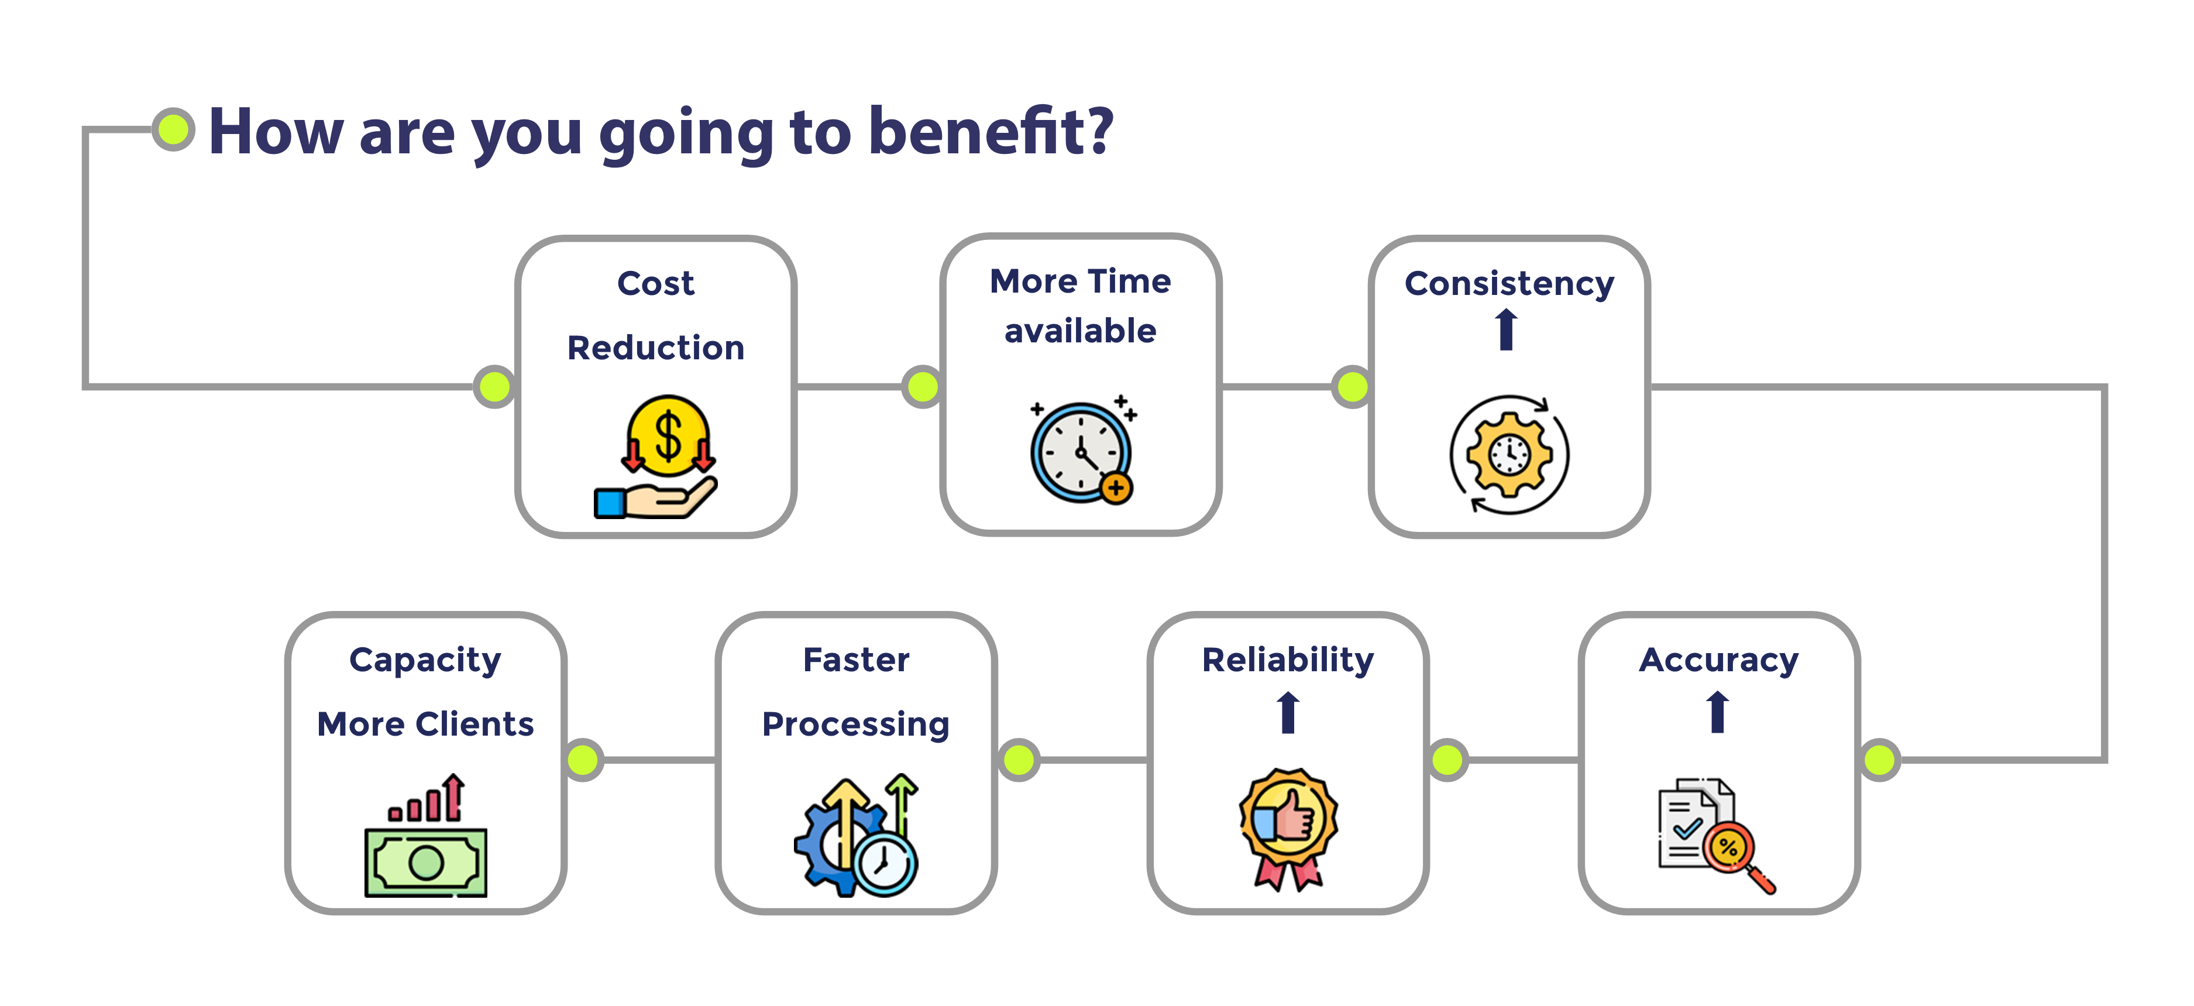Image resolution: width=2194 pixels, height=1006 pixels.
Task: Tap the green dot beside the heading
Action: (x=174, y=129)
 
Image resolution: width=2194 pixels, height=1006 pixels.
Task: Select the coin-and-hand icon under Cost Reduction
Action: (x=656, y=456)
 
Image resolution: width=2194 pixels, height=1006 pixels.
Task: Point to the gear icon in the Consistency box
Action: (x=1509, y=455)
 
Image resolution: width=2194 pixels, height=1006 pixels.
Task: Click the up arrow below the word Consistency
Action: (x=1507, y=329)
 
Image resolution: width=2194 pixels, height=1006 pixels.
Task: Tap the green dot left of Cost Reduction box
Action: (x=495, y=387)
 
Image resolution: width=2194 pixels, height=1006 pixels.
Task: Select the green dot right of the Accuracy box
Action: (x=1880, y=760)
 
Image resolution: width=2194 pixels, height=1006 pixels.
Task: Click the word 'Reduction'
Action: (x=656, y=348)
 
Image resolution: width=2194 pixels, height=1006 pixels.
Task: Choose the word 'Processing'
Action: (x=856, y=725)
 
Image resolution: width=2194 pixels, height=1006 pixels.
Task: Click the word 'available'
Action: (x=1081, y=331)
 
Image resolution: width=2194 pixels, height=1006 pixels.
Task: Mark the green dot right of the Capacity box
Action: (x=583, y=760)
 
